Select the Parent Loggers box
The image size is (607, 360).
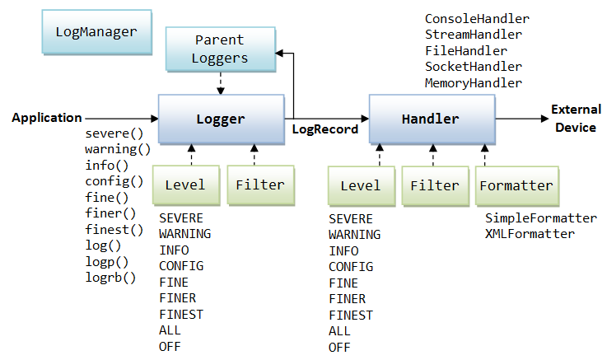220,49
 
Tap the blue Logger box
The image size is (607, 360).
220,119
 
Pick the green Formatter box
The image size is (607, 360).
516,185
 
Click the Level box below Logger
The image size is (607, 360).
190,185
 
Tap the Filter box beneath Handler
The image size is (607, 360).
434,185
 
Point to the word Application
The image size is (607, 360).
47,118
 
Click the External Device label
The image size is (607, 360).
576,118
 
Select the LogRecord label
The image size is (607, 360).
325,129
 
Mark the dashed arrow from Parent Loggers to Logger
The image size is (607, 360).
220,81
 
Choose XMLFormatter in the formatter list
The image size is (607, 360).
530,235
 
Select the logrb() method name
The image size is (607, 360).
110,278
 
